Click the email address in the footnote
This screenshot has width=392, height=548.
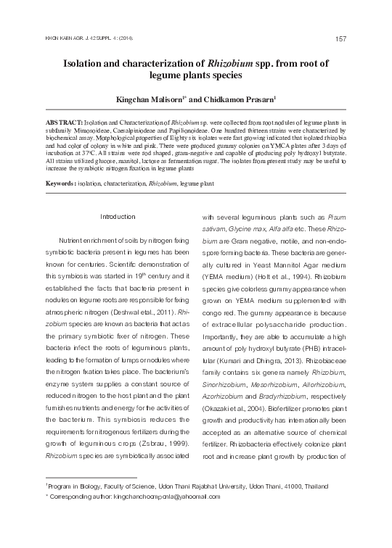pos(172,497)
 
